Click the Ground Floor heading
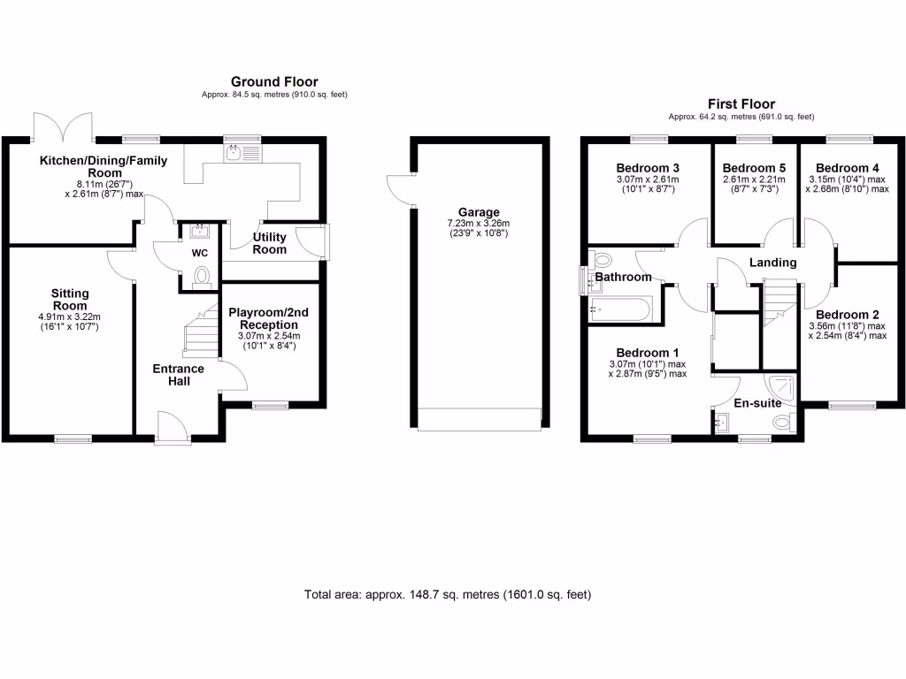(274, 81)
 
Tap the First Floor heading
(741, 103)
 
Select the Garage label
(479, 212)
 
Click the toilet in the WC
(201, 276)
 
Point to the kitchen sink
(235, 154)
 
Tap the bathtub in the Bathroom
(618, 309)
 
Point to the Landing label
(772, 263)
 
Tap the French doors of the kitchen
(63, 126)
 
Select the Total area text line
(447, 594)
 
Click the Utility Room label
(269, 243)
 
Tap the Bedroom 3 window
(650, 138)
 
